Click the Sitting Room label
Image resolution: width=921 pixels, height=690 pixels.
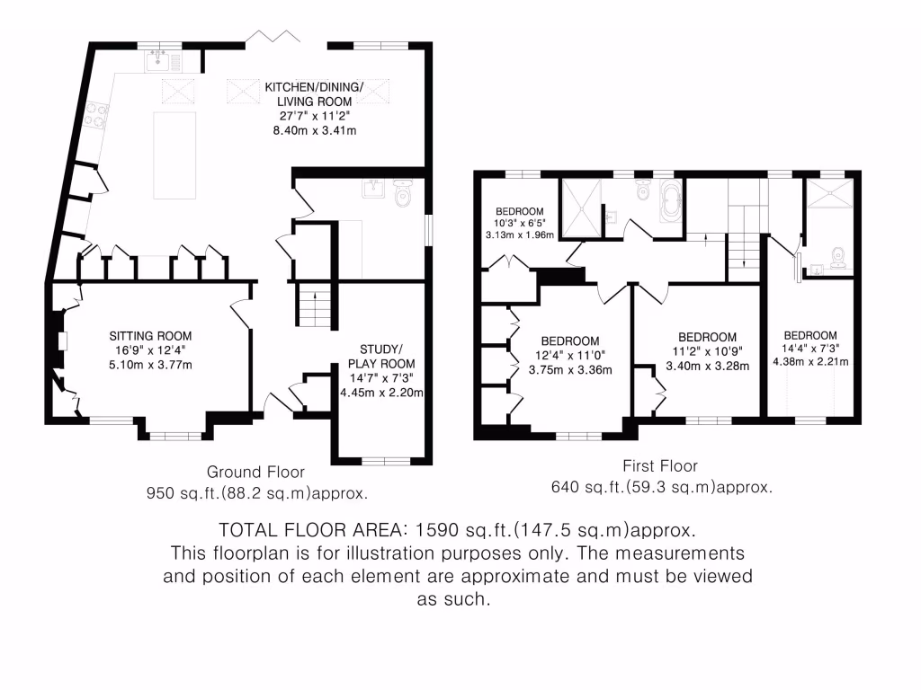point(150,336)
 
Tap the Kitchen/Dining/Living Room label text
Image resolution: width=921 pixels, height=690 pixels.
point(314,93)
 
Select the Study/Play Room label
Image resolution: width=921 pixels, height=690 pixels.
point(381,356)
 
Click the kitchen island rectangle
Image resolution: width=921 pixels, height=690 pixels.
point(174,155)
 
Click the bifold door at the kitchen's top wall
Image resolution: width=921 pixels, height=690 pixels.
point(273,36)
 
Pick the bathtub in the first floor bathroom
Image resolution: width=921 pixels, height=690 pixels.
point(670,201)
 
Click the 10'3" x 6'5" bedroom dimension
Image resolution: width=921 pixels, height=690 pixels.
point(520,223)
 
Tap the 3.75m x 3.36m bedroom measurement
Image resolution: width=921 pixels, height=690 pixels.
point(570,369)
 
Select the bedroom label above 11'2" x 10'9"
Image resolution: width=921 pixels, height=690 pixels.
point(707,338)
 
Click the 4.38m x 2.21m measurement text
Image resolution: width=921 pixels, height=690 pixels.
point(810,361)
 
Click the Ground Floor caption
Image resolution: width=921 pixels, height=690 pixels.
point(255,472)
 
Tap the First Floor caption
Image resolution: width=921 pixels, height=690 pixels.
point(660,466)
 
